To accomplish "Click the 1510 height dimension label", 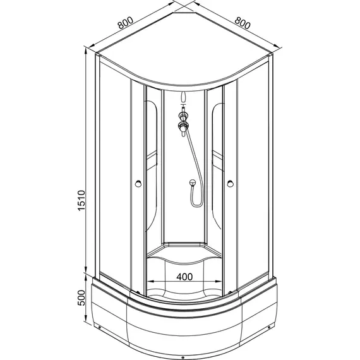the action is pyautogui.click(x=81, y=200).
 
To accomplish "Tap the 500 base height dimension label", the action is pyautogui.click(x=81, y=297).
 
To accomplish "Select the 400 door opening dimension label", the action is pyautogui.click(x=184, y=277).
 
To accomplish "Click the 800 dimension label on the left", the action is pyautogui.click(x=125, y=23).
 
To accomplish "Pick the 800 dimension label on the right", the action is pyautogui.click(x=243, y=23).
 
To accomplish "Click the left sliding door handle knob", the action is pyautogui.click(x=138, y=184).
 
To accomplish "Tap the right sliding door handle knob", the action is pyautogui.click(x=230, y=184).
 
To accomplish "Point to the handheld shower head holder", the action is pyautogui.click(x=193, y=183).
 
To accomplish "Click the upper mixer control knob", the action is pyautogui.click(x=183, y=116).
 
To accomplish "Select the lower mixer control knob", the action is pyautogui.click(x=183, y=125).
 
